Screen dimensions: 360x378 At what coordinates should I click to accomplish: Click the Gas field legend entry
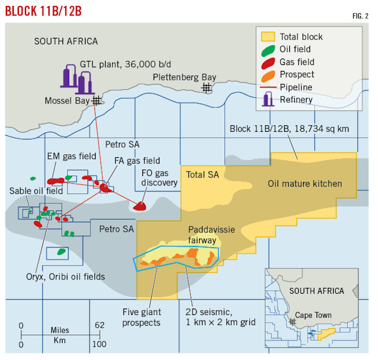click(x=296, y=62)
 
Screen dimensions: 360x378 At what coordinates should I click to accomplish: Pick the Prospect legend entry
click(x=296, y=74)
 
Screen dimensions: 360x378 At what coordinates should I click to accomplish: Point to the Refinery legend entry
click(x=296, y=99)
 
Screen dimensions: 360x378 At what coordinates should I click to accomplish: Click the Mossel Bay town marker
click(x=96, y=101)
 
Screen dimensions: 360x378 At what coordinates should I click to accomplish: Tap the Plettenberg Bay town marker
click(x=206, y=87)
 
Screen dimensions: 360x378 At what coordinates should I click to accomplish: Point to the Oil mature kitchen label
click(x=305, y=184)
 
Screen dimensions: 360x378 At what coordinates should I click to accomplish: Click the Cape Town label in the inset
click(x=313, y=316)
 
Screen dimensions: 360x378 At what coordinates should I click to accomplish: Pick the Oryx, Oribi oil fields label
click(x=66, y=276)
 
